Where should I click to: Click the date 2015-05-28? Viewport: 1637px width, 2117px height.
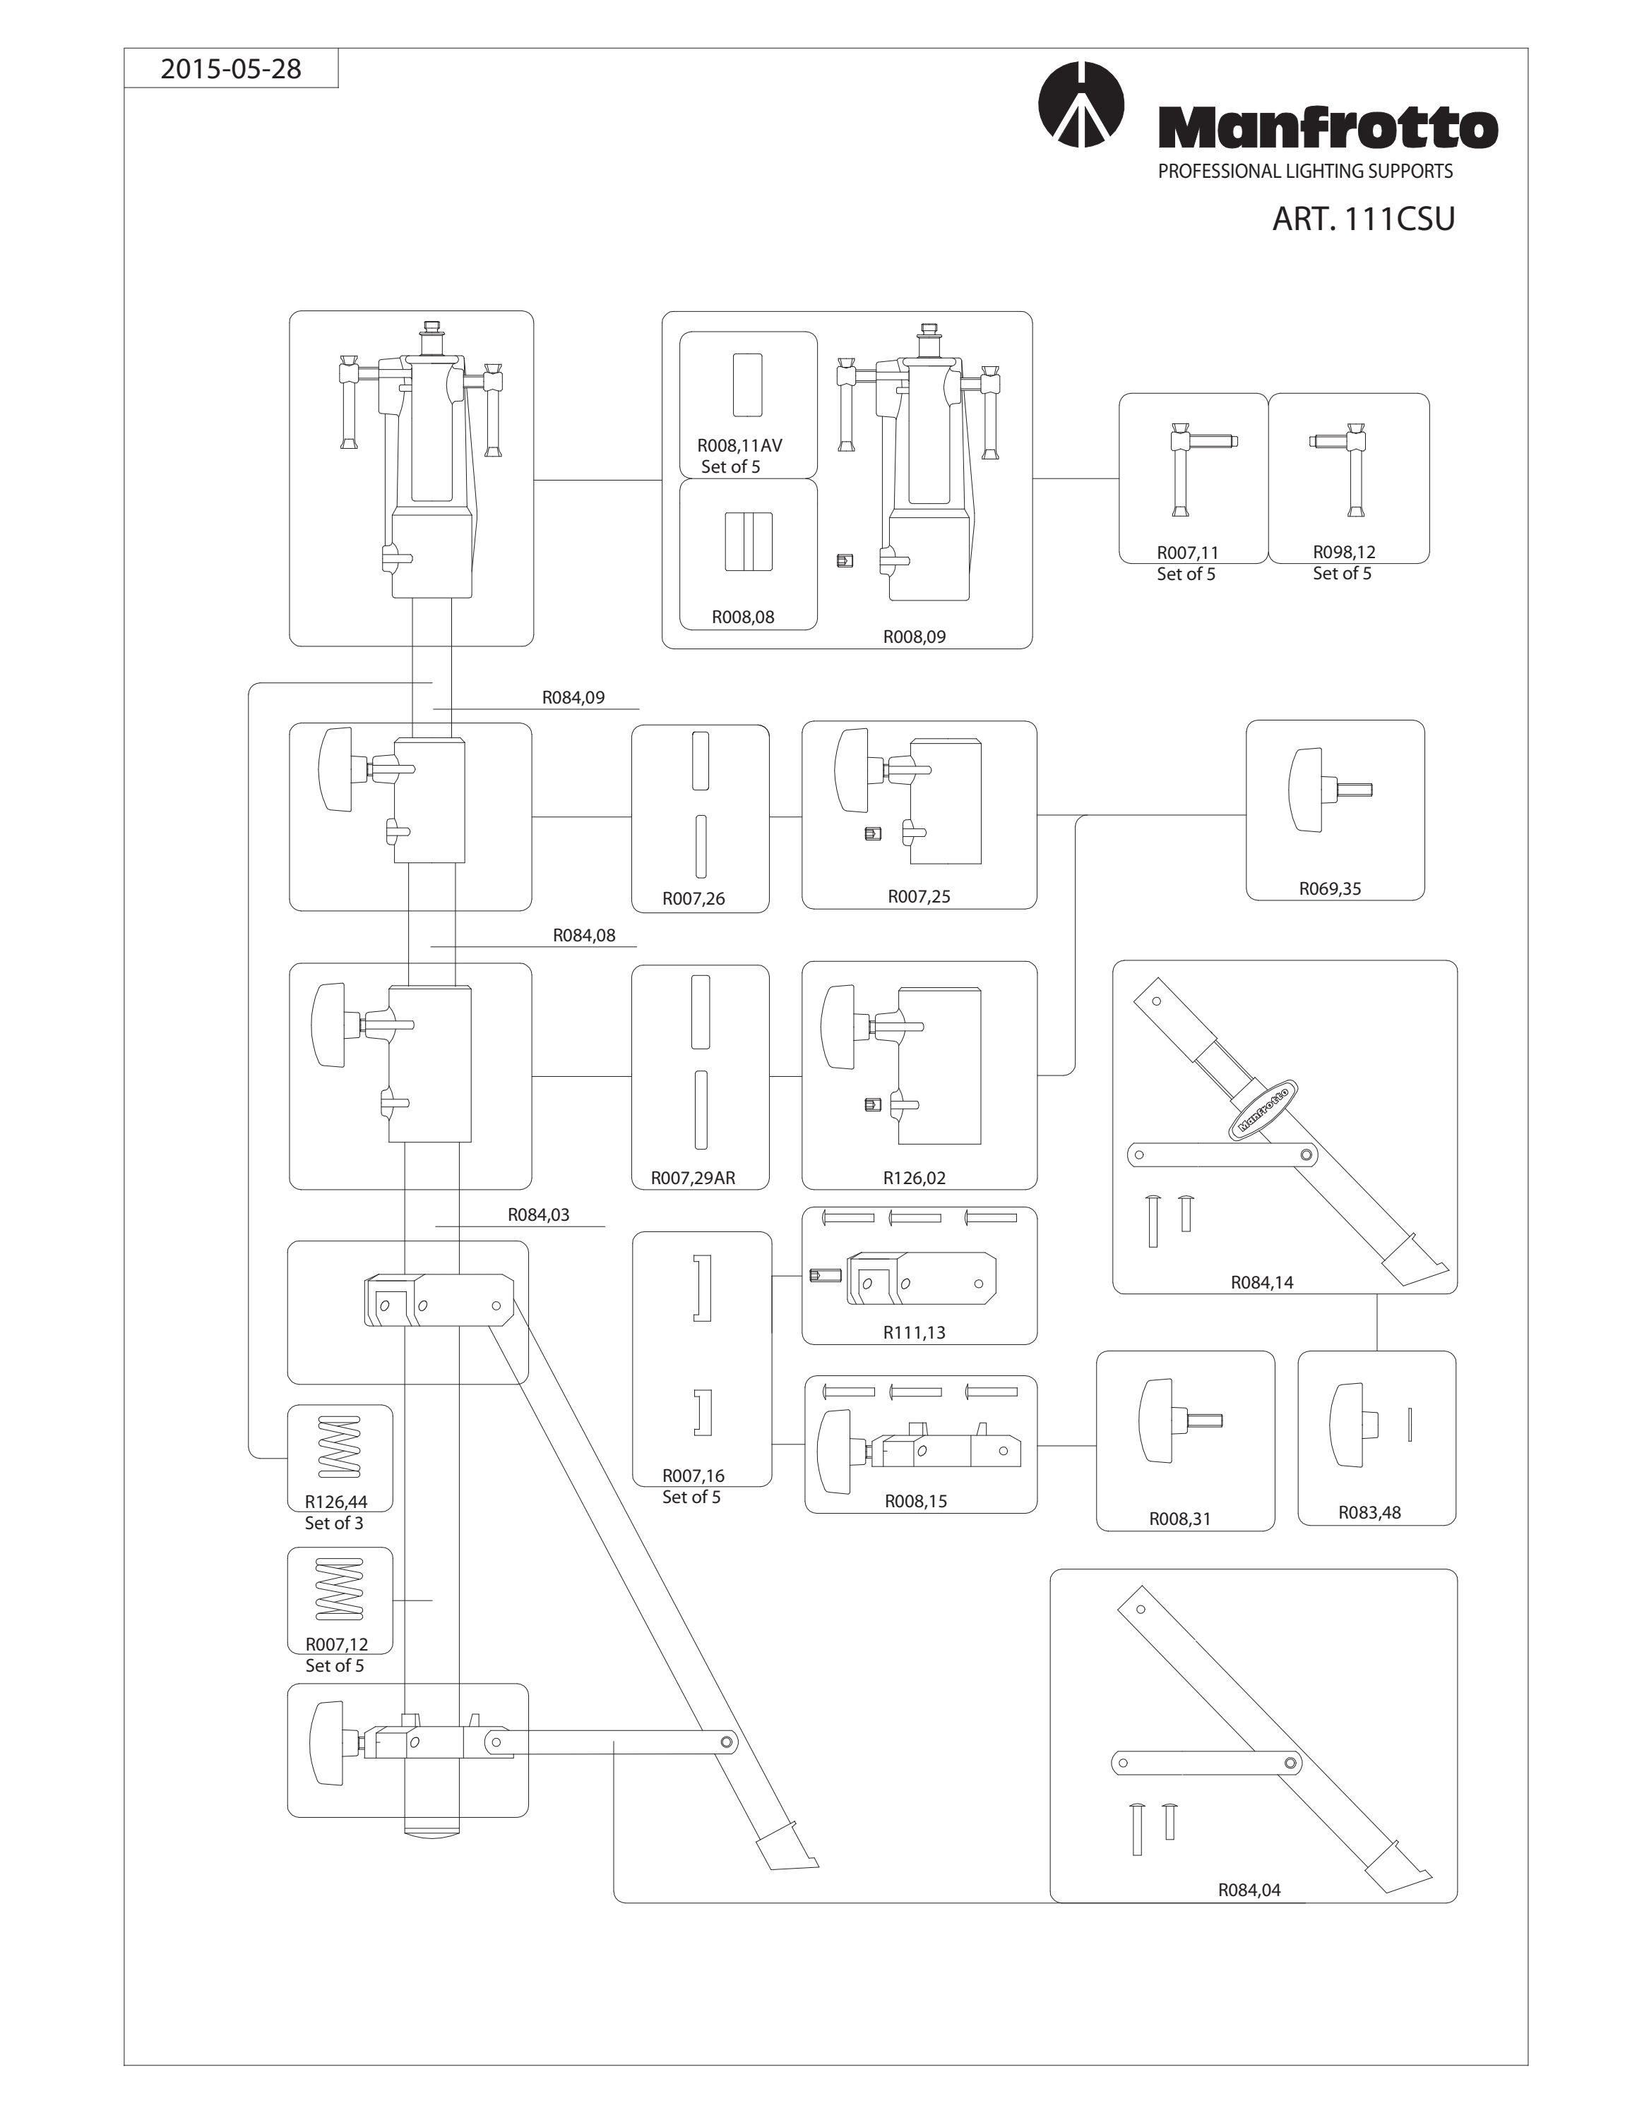click(x=231, y=69)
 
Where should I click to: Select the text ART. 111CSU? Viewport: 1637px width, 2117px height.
click(x=1364, y=219)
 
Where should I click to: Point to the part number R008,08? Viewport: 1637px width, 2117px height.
click(x=743, y=617)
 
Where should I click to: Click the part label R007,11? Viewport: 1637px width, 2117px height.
click(x=1187, y=553)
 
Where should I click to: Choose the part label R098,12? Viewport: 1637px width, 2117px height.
click(x=1344, y=552)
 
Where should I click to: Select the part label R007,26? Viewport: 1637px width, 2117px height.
click(x=694, y=898)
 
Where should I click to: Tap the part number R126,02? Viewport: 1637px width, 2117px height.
click(x=914, y=1178)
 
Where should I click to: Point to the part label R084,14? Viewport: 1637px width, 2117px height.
click(x=1262, y=1281)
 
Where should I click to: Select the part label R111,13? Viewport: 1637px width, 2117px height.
click(x=914, y=1332)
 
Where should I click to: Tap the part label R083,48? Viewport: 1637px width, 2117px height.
click(x=1369, y=1512)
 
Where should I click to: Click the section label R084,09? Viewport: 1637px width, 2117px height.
click(x=573, y=697)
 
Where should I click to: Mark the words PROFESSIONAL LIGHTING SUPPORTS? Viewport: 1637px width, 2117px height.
click(x=1305, y=171)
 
